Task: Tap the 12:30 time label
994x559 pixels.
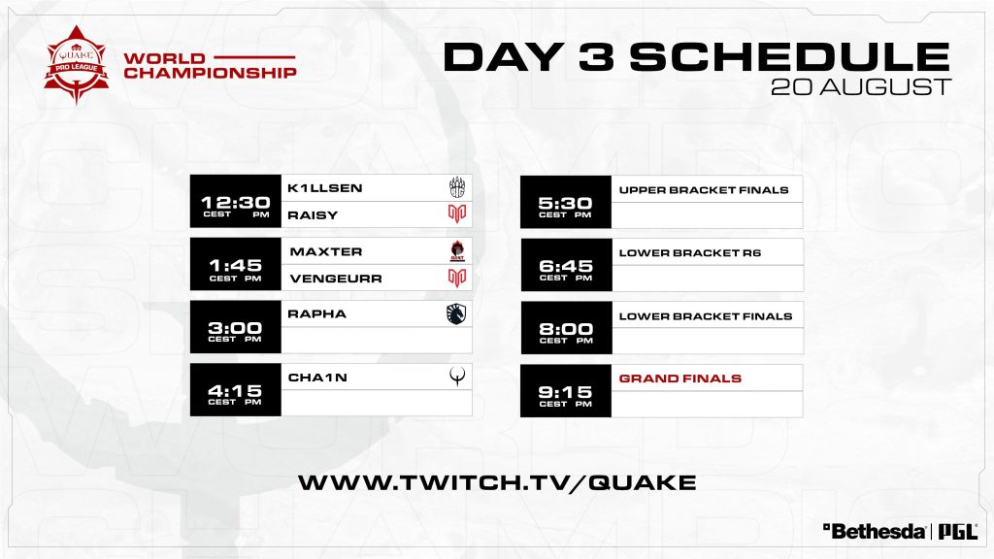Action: coord(235,203)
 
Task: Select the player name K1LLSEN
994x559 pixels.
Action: coord(324,188)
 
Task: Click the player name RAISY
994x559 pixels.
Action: coord(313,214)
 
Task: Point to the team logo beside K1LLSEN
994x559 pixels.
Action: coord(457,187)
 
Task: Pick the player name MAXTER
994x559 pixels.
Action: coord(326,251)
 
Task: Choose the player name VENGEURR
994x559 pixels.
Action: coord(336,279)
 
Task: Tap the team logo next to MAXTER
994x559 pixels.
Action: coord(457,251)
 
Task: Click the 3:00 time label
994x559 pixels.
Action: coord(235,328)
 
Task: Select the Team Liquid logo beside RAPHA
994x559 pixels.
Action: coord(456,313)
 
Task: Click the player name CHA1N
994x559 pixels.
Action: coord(317,378)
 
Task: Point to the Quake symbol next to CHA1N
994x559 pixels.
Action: coord(457,377)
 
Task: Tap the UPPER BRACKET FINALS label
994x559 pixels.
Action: coord(704,189)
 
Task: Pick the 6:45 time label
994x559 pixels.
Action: coord(566,266)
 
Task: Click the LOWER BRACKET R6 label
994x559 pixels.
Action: coord(690,253)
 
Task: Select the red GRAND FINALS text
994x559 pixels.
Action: coord(680,378)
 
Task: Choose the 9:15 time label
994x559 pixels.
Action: coord(566,392)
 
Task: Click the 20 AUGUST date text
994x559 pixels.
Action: coord(861,86)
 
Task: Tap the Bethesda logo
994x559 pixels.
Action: coord(874,531)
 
